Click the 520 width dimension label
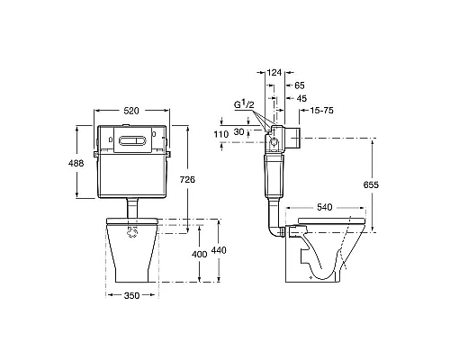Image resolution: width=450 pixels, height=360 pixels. point(131,111)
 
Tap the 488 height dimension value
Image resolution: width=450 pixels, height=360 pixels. point(76,164)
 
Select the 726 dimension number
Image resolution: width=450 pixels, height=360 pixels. point(187,179)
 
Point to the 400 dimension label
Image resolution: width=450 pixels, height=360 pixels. point(200,255)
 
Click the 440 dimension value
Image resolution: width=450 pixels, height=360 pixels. point(219,250)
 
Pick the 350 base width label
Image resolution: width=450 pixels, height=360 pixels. point(131,295)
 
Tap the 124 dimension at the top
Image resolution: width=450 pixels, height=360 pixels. point(274,72)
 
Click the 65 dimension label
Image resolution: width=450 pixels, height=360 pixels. point(300,85)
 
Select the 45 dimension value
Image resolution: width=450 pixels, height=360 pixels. point(301,98)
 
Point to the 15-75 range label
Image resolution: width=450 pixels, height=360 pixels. point(321,111)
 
